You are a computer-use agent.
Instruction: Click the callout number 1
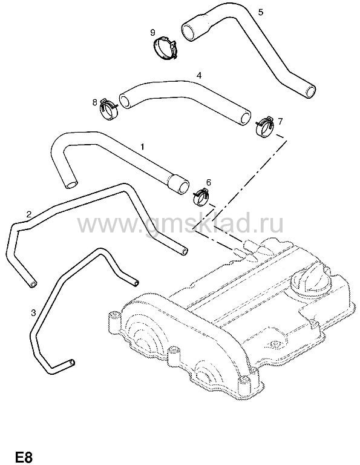(x=142, y=147)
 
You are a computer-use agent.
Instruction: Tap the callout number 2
(x=29, y=214)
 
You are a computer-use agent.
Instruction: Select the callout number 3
(x=33, y=312)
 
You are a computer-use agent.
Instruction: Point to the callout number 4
(x=199, y=75)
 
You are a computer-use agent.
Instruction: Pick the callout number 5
(x=260, y=12)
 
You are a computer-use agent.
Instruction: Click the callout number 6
(x=208, y=182)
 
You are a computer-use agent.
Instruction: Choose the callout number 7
(x=280, y=121)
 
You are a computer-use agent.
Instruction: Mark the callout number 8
(x=95, y=102)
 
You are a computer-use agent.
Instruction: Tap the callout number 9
(x=152, y=32)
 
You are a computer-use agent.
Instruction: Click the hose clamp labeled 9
(x=165, y=48)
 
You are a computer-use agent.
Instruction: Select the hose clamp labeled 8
(x=109, y=109)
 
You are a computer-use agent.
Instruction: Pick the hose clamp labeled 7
(x=264, y=127)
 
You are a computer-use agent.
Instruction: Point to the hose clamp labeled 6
(x=201, y=197)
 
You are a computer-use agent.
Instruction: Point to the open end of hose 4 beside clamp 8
(x=125, y=101)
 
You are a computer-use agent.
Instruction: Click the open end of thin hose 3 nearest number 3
(x=71, y=363)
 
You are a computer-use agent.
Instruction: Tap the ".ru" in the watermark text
(x=269, y=224)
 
